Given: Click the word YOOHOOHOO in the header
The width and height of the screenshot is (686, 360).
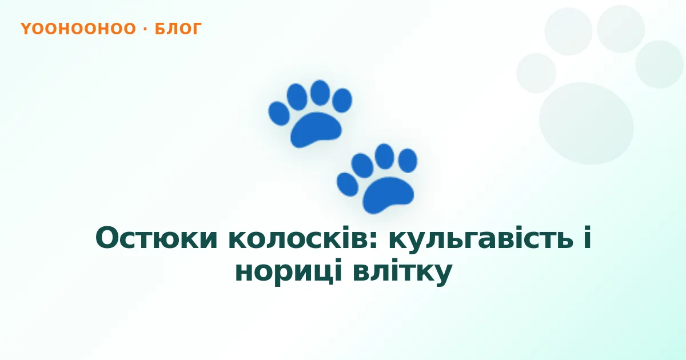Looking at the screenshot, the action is pyautogui.click(x=78, y=29).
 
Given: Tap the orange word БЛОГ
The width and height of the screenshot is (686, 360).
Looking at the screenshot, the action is pyautogui.click(x=178, y=29).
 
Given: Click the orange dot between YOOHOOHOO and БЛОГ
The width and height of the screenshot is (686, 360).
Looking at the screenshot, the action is pyautogui.click(x=145, y=29).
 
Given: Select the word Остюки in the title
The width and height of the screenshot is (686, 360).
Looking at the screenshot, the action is pyautogui.click(x=157, y=238).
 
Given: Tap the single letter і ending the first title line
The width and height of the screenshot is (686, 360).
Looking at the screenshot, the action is pyautogui.click(x=587, y=237).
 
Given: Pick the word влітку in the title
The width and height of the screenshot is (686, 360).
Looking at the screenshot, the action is pyautogui.click(x=402, y=271).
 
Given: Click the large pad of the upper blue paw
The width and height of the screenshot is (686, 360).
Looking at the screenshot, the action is pyautogui.click(x=316, y=130).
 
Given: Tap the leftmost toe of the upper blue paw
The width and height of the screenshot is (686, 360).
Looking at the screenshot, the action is pyautogui.click(x=279, y=114).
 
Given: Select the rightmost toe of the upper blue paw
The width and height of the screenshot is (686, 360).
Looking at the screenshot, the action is pyautogui.click(x=342, y=100).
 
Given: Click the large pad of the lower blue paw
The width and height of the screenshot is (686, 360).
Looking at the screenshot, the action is pyautogui.click(x=388, y=195).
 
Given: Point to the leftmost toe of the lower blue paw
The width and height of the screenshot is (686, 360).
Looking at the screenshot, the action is pyautogui.click(x=348, y=184).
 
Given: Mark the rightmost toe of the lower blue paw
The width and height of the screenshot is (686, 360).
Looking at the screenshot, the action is pyautogui.click(x=408, y=161).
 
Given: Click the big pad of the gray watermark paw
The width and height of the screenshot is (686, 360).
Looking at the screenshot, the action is pyautogui.click(x=586, y=123).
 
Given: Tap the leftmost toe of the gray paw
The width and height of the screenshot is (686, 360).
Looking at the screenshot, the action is pyautogui.click(x=536, y=73).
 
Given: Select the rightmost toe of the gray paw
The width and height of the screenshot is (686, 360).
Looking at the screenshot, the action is pyautogui.click(x=659, y=64).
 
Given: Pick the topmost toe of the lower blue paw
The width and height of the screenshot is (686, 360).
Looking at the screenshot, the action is pyautogui.click(x=384, y=156).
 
